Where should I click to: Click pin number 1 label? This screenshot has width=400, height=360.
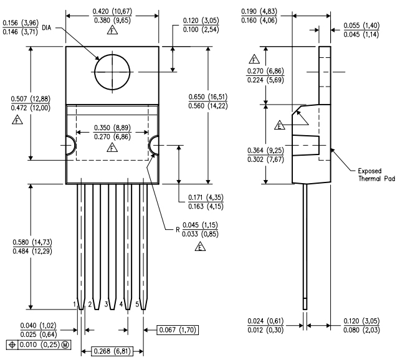74,304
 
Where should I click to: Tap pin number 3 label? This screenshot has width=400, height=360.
105,304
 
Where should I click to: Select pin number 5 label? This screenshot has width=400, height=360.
137,304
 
